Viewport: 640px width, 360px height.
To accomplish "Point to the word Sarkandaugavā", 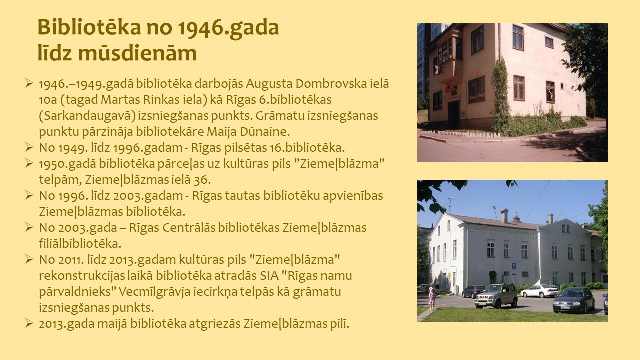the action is coord(87,116).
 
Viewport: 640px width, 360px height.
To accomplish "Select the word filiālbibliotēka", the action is coord(80,244).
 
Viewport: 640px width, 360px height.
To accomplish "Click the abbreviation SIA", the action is coord(269,276).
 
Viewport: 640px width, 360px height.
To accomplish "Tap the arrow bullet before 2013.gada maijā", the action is coord(29,323).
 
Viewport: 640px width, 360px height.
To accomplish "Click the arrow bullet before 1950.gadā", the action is coord(29,163).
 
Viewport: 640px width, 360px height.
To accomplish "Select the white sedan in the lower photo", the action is coord(539,291).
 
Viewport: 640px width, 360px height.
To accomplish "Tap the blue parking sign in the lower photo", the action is coord(513,267).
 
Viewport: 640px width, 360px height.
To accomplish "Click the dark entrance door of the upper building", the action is coord(453,114).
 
